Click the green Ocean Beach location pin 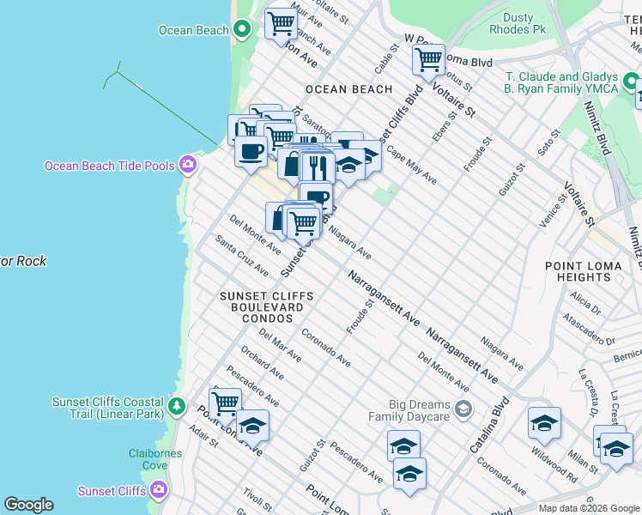click(x=242, y=30)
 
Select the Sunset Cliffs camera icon click(x=158, y=491)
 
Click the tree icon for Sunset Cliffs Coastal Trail click(x=177, y=405)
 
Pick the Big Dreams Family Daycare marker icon click(x=464, y=408)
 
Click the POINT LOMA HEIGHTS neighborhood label click(x=590, y=271)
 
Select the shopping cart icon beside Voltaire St click(x=428, y=60)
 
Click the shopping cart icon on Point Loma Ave click(x=225, y=402)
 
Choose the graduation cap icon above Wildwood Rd click(x=544, y=423)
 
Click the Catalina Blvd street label click(x=489, y=425)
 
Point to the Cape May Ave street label click(x=411, y=164)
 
